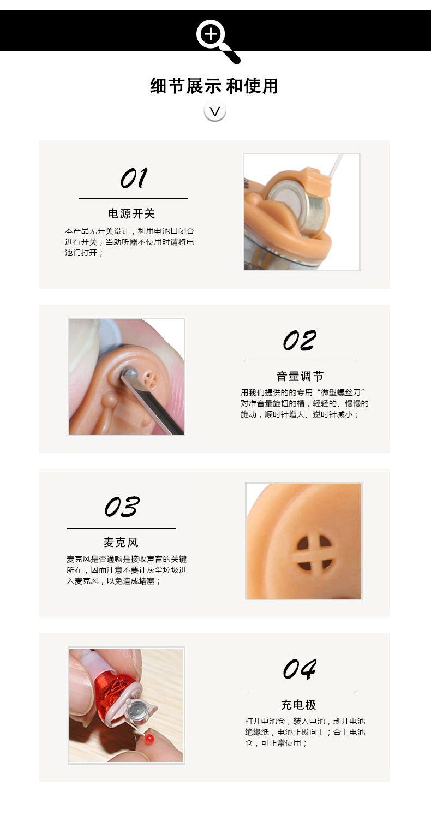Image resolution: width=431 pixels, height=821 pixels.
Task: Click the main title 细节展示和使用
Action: (214, 86)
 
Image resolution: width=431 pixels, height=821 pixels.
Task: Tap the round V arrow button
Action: (215, 111)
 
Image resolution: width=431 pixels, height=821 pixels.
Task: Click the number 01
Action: (134, 178)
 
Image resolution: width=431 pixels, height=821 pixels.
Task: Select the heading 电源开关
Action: (132, 213)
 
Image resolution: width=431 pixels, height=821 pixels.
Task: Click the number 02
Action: (300, 340)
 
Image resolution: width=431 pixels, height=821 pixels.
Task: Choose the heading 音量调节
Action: (300, 376)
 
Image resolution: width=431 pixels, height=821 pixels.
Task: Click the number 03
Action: (122, 507)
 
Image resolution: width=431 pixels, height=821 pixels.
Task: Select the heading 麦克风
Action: (121, 542)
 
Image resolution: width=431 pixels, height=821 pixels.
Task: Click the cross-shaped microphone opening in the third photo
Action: (315, 553)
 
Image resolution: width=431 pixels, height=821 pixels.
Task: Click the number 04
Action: (300, 669)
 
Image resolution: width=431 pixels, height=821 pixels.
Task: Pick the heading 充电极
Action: (298, 704)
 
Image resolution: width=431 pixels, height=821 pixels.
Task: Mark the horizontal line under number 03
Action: (122, 528)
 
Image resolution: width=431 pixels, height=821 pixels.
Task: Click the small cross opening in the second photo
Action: (150, 379)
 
